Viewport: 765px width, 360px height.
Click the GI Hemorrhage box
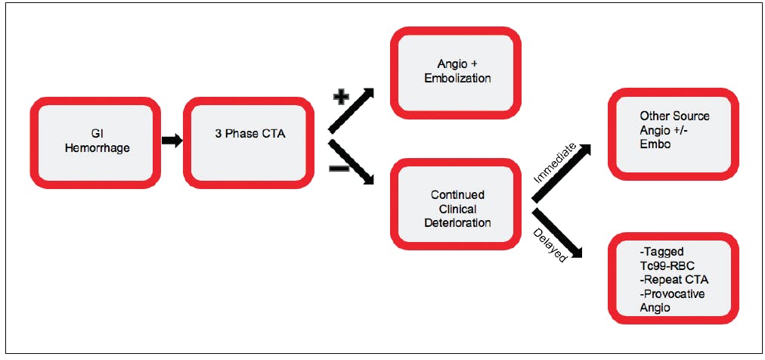(95, 142)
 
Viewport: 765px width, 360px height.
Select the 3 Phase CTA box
(249, 142)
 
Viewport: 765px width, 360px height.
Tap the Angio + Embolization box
(456, 73)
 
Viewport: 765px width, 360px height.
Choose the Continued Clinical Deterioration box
(456, 204)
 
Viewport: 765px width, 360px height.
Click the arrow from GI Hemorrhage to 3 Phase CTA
(172, 141)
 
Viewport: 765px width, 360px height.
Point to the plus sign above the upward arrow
(340, 98)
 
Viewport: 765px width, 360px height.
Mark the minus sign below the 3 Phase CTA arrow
(339, 169)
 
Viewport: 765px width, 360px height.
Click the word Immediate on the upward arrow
(555, 163)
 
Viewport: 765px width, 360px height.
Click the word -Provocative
(670, 295)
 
